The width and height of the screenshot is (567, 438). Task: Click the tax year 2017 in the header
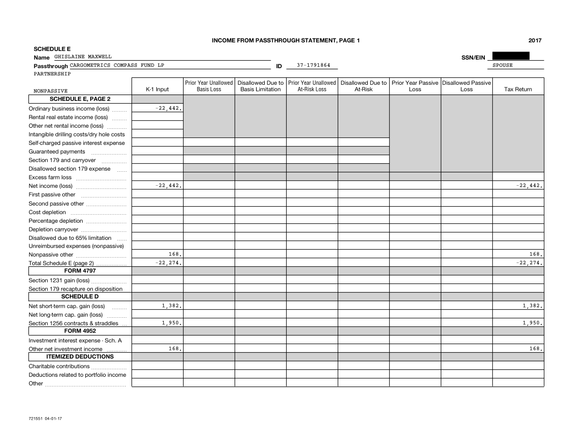534,40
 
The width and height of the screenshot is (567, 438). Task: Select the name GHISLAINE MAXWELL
83,57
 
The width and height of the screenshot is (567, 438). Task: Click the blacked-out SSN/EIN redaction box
511,56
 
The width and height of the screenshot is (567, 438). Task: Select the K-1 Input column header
157,90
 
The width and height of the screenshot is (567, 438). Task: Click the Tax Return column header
518,90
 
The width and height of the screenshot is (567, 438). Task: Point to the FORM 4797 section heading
80,271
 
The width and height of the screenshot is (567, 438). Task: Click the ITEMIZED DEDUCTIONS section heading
80,356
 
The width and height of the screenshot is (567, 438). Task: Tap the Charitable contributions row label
59,366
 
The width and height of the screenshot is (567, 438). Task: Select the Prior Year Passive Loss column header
415,86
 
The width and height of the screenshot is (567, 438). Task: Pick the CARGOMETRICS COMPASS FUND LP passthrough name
117,65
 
